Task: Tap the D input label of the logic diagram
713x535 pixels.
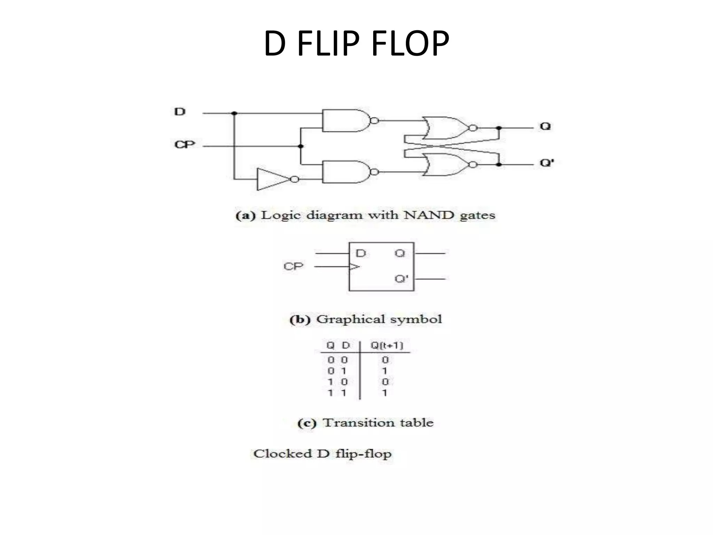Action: pos(180,112)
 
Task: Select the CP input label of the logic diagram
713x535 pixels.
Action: pos(185,144)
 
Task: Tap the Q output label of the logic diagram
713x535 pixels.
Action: pos(545,126)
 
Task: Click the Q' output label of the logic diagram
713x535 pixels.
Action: pos(547,163)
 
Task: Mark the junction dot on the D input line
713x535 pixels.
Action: pos(234,113)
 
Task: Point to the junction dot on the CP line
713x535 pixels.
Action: pos(301,146)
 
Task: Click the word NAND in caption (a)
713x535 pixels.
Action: pos(429,215)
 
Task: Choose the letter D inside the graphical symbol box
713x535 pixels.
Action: pos(361,253)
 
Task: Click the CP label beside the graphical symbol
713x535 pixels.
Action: pos(293,266)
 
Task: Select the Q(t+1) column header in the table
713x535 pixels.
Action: pos(386,345)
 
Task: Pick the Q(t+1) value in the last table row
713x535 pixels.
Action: pos(385,393)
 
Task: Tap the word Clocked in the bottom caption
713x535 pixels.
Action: pos(283,453)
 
